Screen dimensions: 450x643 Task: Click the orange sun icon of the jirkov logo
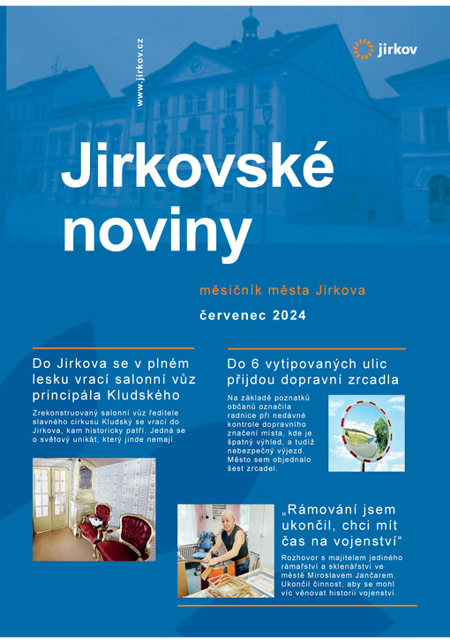point(363,49)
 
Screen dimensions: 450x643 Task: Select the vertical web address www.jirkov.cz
point(140,73)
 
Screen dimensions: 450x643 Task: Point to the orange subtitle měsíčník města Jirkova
point(283,289)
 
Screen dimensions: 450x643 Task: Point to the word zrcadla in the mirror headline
point(374,379)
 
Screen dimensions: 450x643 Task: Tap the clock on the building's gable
point(197,65)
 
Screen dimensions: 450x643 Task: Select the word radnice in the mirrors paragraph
point(244,420)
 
